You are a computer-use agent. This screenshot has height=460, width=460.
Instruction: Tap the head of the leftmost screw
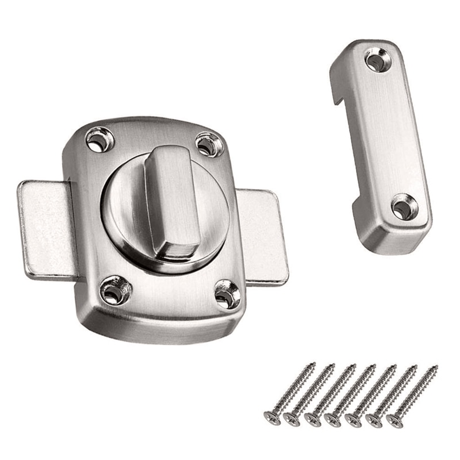point(271,416)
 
